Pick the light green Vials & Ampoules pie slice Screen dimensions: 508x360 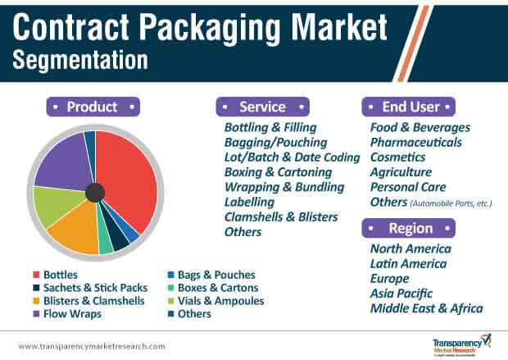pyautogui.click(x=57, y=206)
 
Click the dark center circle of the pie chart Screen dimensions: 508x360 pyautogui.click(x=95, y=193)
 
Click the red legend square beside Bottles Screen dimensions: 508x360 pyautogui.click(x=36, y=275)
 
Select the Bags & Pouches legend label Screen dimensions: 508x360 pyautogui.click(x=216, y=275)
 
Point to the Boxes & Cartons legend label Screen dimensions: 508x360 pyautogui.click(x=218, y=288)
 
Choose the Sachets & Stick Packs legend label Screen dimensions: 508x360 pyautogui.click(x=96, y=288)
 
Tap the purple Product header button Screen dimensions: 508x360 pyautogui.click(x=93, y=107)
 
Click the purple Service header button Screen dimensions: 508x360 pyautogui.click(x=263, y=107)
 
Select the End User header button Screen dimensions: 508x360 pyautogui.click(x=409, y=107)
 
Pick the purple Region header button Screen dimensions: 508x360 pyautogui.click(x=409, y=228)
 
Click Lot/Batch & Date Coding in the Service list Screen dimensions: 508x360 pyautogui.click(x=293, y=157)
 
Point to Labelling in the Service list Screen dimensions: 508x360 pyautogui.click(x=249, y=203)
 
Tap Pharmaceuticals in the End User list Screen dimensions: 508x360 pyautogui.click(x=416, y=143)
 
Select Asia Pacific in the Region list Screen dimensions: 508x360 pyautogui.click(x=401, y=294)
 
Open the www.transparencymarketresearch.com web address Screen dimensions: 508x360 pyautogui.click(x=92, y=346)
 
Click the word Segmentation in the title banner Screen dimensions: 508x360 pyautogui.click(x=80, y=60)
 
